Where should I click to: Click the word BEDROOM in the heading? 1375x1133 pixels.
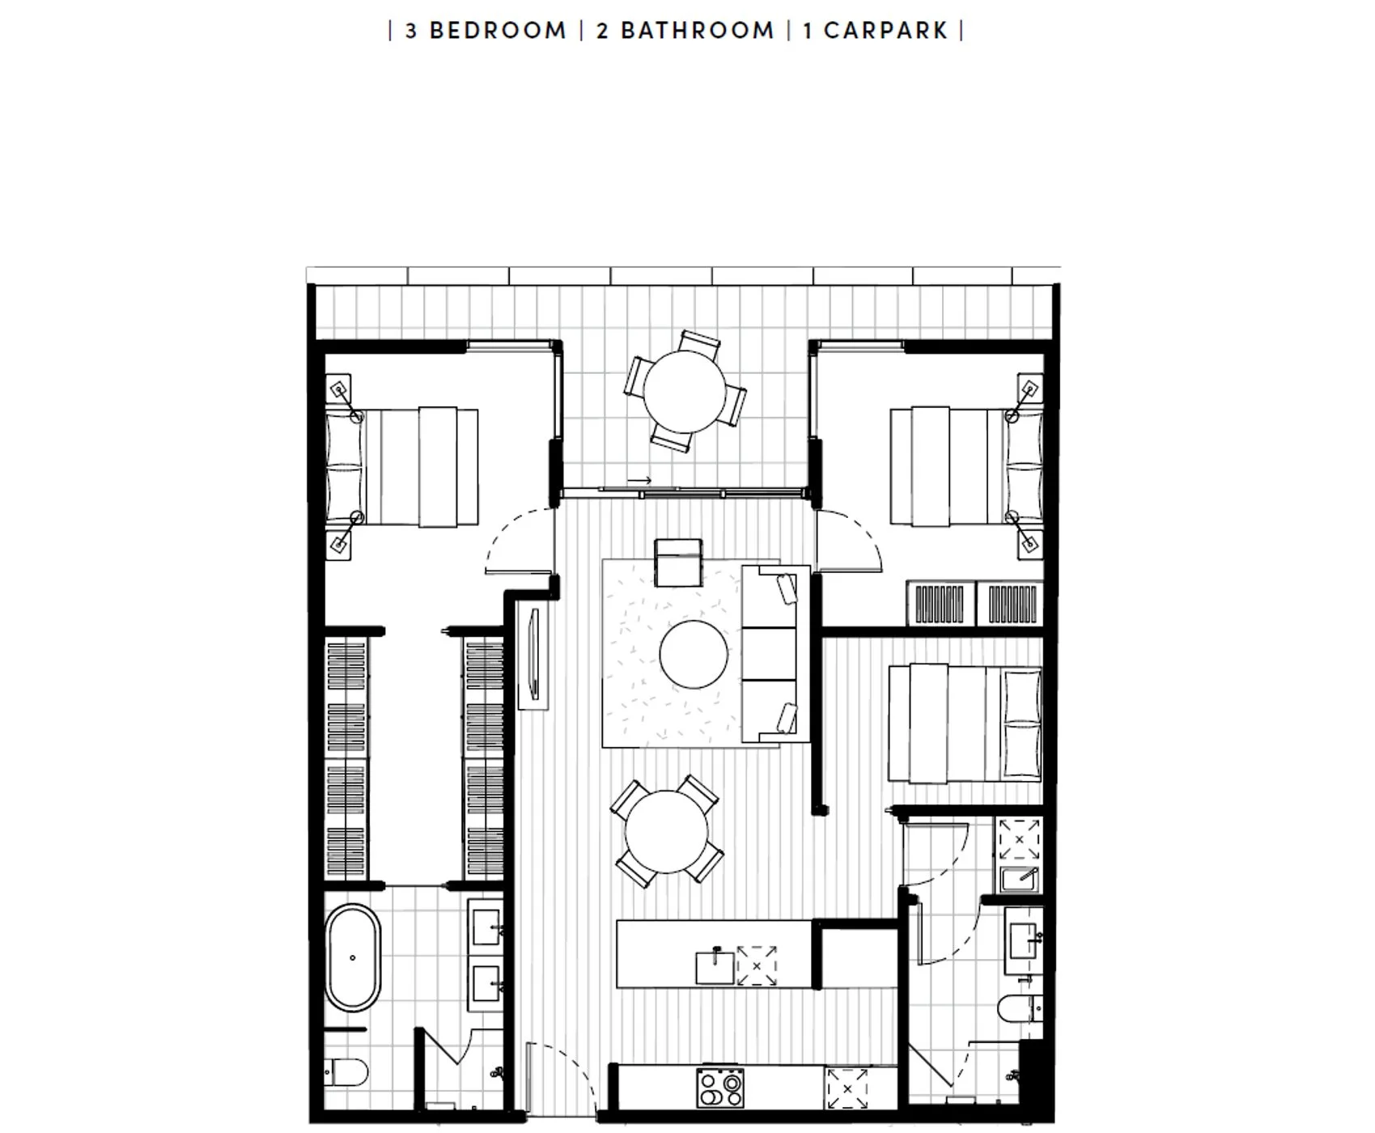coord(498,31)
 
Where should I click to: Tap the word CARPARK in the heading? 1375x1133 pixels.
coord(886,31)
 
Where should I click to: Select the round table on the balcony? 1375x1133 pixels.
coord(685,392)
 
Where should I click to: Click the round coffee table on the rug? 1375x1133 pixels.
coord(694,654)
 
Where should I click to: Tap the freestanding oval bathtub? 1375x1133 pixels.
coord(353,957)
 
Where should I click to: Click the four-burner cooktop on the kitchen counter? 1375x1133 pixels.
coord(720,1088)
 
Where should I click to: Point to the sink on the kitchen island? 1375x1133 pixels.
coord(715,968)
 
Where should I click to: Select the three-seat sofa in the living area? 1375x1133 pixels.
coord(776,654)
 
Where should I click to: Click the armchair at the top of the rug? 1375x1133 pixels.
coord(678,562)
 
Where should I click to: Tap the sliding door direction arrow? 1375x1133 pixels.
coord(639,481)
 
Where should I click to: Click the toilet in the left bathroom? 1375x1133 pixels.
coord(346,1073)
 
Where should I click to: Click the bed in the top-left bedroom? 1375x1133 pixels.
coord(401,467)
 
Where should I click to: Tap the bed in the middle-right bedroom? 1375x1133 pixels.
coord(965,724)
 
